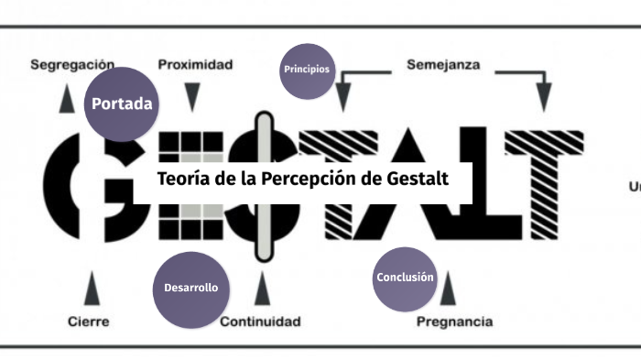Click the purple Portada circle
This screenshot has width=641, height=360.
121,104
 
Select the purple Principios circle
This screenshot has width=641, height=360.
307,70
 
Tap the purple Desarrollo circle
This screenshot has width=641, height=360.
190,288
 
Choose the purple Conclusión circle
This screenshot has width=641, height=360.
406,278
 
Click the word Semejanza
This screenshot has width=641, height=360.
443,65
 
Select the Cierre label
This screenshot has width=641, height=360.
89,322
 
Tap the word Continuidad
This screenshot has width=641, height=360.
260,322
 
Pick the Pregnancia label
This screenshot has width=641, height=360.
454,322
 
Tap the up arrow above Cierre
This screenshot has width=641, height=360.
90,290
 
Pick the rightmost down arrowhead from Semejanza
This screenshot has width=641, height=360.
543,96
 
